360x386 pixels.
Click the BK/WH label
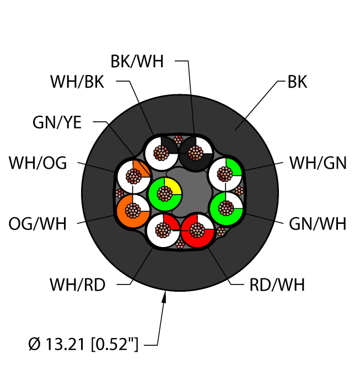137,61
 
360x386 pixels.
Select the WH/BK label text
77,82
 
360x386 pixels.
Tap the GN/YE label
58,123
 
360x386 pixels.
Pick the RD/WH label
277,285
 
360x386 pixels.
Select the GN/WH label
318,224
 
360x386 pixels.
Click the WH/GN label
318,163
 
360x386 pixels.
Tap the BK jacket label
297,82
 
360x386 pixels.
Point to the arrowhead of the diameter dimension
164,298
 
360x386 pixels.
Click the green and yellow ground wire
165,194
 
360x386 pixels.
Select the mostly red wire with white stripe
198,230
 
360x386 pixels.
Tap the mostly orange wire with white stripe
133,210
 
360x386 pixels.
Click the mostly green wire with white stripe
225,208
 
